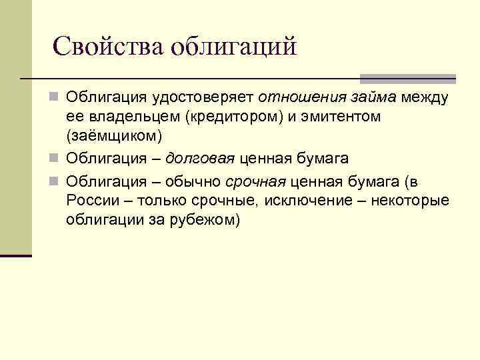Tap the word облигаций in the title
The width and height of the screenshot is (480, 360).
coord(234,46)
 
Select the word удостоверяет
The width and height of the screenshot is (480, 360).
coord(208,99)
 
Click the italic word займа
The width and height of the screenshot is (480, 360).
coord(371,99)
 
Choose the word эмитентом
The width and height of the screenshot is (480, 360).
coord(341,117)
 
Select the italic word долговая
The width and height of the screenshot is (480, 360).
coord(200,159)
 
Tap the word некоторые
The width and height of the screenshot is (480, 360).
coord(417,201)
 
